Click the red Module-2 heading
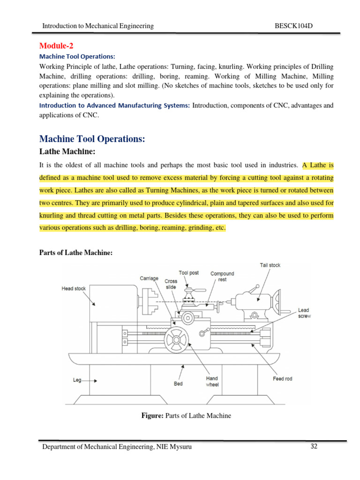point(56,45)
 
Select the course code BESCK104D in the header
point(293,26)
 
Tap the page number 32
point(314,446)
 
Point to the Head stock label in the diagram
point(74,289)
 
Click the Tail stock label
point(270,265)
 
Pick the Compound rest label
point(222,277)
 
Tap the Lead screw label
point(304,313)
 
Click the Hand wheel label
point(212,381)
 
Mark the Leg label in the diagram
point(78,380)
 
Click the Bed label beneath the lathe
point(178,383)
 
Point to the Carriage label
point(150,278)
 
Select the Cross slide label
point(171,284)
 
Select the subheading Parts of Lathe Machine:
point(75,253)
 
